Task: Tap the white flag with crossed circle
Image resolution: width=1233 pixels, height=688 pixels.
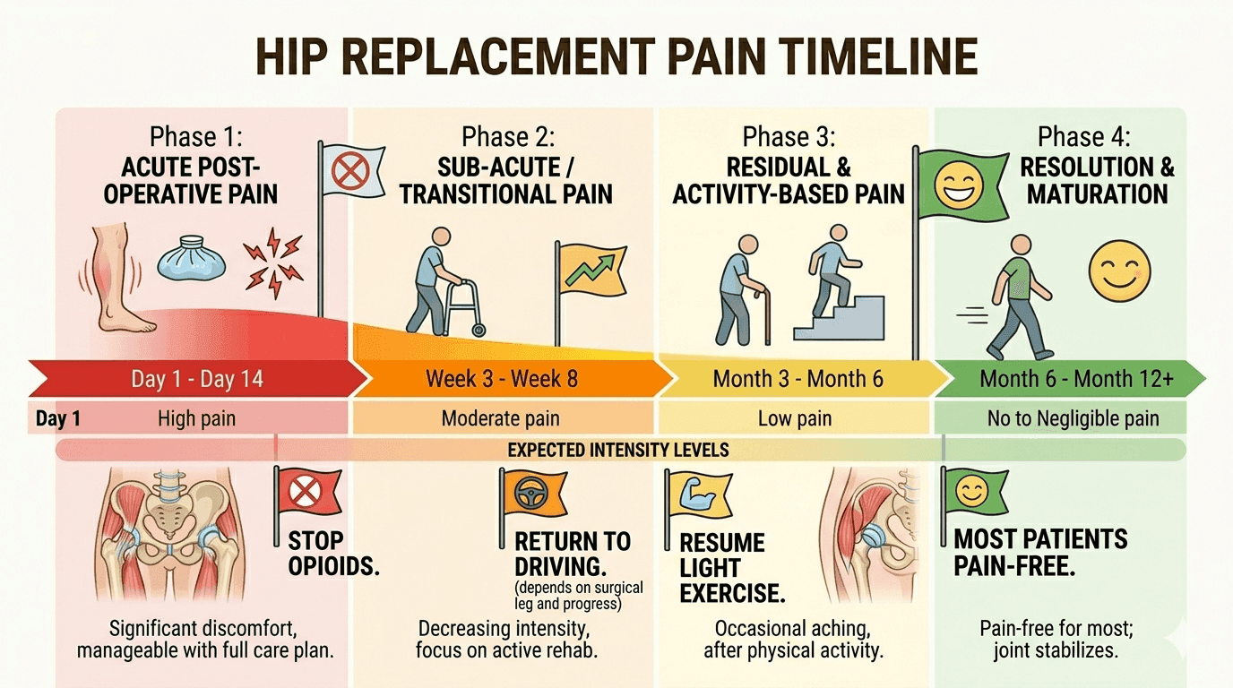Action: tap(350, 170)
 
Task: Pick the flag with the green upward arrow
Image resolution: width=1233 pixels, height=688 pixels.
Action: tap(591, 271)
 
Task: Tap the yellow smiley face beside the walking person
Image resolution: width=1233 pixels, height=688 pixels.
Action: tap(1119, 271)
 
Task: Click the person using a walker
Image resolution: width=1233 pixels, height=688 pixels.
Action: tap(444, 282)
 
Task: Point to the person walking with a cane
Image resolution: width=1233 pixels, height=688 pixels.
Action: tap(741, 290)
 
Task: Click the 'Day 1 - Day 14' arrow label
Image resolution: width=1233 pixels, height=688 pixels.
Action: tap(197, 379)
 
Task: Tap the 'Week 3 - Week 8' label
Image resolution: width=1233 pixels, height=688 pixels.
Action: tap(502, 379)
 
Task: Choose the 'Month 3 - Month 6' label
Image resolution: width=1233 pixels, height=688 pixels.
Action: tap(798, 379)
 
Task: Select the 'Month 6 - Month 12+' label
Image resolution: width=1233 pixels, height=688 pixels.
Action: tap(1077, 379)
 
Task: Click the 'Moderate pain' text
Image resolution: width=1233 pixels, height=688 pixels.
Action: tap(500, 419)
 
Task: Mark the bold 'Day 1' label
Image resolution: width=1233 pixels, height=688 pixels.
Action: tap(58, 419)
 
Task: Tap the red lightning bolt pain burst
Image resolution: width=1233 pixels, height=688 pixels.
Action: tap(273, 262)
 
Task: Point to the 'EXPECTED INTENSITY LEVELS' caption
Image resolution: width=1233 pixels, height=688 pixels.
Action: tap(617, 451)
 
